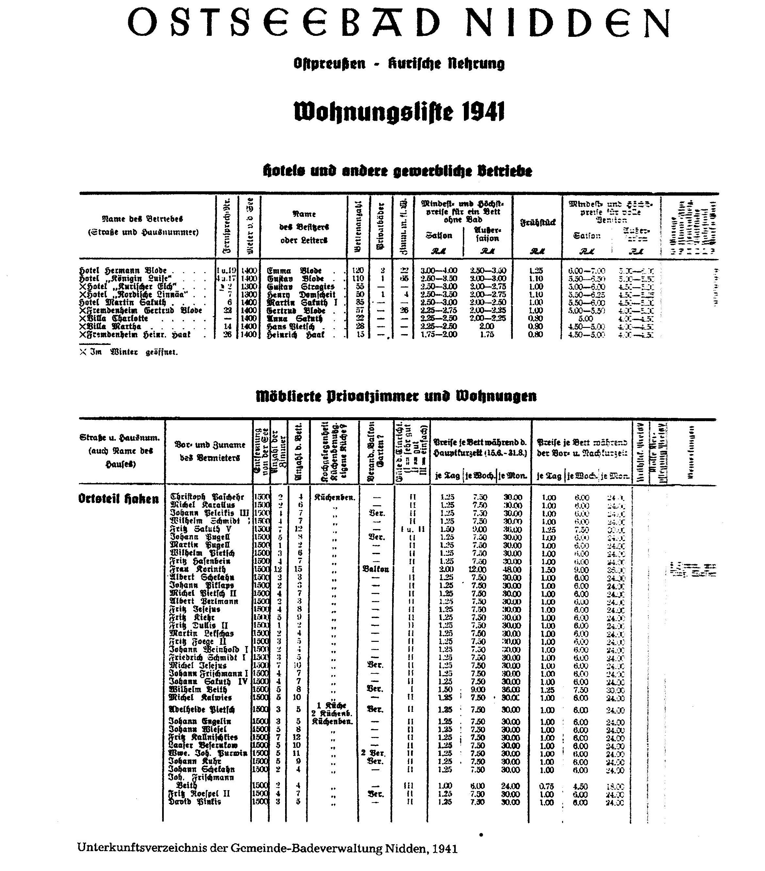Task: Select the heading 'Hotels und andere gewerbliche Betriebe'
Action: tap(397, 171)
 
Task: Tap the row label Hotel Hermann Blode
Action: tap(123, 271)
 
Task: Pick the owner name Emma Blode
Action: tap(294, 271)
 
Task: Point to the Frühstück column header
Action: tap(538, 222)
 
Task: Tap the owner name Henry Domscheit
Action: tap(301, 294)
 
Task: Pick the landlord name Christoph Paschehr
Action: tap(207, 497)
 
